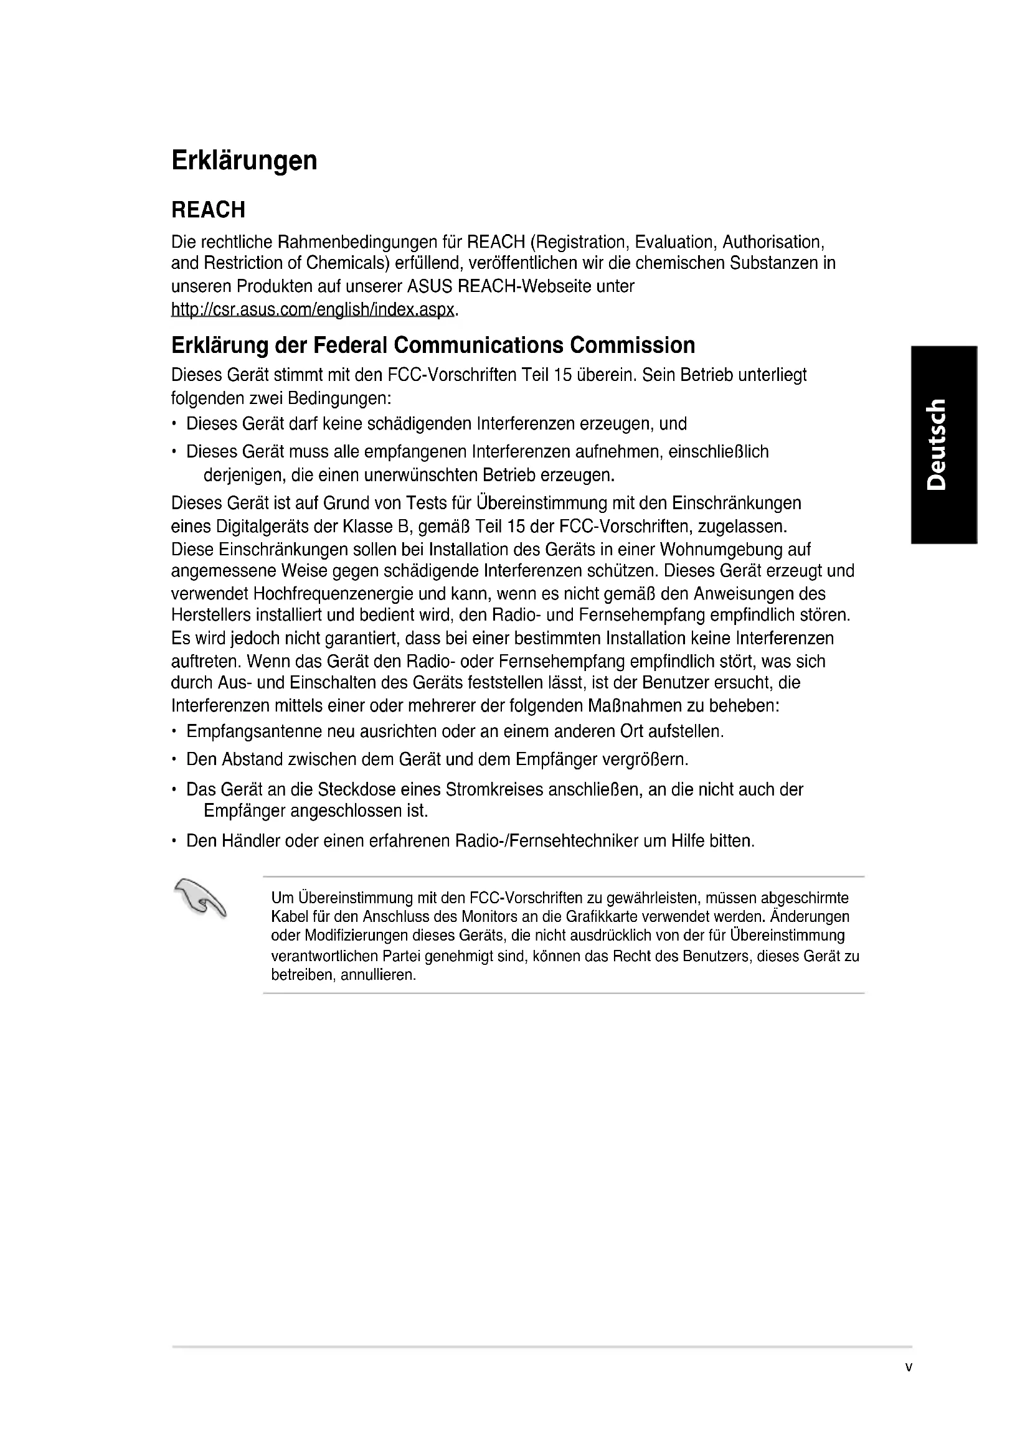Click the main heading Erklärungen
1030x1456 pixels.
[244, 161]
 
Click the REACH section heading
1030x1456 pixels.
[208, 210]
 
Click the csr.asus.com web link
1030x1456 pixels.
[313, 309]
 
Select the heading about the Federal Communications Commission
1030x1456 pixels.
[433, 345]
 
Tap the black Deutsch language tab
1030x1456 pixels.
[943, 444]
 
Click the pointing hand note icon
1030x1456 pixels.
[200, 898]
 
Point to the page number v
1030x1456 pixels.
[908, 1385]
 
